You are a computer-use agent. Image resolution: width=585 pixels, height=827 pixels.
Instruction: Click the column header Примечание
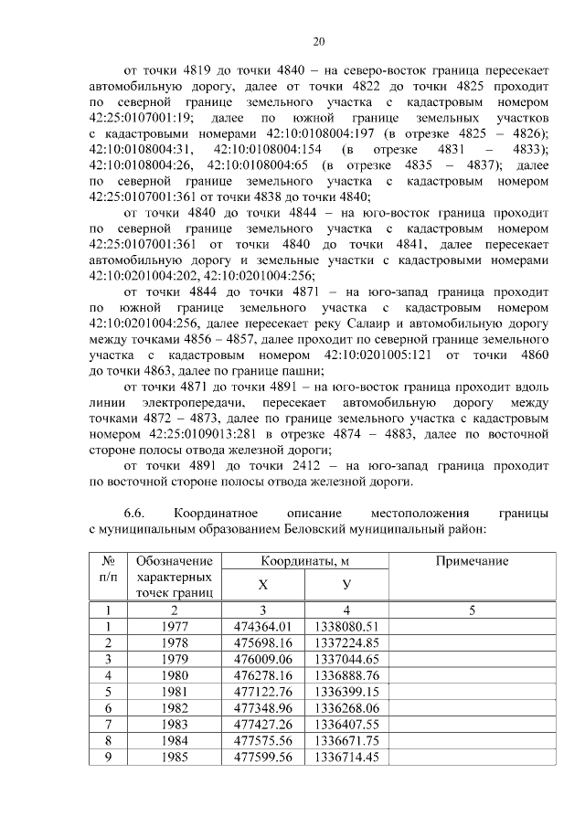(x=472, y=561)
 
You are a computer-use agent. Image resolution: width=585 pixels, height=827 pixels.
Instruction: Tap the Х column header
(x=263, y=585)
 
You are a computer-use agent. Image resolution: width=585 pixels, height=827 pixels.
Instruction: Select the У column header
(x=346, y=585)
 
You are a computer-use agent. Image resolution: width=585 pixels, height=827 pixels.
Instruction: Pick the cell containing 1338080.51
(x=346, y=627)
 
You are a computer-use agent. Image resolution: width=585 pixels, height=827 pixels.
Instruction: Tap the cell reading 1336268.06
(x=346, y=708)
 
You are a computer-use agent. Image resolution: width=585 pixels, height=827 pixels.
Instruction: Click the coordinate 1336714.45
(x=346, y=758)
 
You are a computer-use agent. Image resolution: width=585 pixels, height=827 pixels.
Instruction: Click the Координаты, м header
(x=304, y=561)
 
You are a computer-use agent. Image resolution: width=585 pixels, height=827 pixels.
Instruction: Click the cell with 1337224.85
(x=346, y=642)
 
